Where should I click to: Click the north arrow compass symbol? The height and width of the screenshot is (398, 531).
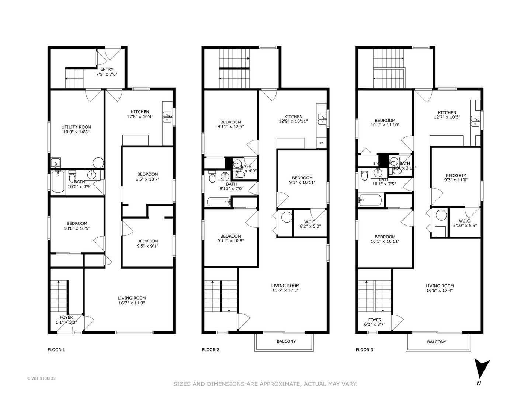coord(482,369)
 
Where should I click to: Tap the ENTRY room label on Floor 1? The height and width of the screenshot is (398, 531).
coord(107,69)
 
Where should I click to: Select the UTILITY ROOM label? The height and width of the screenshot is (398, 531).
coord(76,127)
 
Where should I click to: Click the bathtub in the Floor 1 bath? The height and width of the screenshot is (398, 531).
coord(58,183)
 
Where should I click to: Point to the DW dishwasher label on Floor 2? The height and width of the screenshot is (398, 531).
coord(321,143)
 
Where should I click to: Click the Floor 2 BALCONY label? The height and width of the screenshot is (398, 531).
coord(286,341)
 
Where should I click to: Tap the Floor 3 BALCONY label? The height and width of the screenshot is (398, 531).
coord(437,342)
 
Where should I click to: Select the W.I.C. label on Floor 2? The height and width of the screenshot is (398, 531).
coord(310,222)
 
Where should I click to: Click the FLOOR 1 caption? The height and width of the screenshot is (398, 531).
coord(56,350)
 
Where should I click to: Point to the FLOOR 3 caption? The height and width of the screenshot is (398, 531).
coord(364,350)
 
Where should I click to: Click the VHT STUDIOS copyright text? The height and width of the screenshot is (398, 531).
coord(41,378)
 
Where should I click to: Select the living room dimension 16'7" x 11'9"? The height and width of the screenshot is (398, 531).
coord(132,303)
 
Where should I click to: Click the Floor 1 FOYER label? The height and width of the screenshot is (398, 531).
coord(66,317)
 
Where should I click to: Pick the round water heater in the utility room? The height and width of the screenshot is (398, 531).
coord(98,163)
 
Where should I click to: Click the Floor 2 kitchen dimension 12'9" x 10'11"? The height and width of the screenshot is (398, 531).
coord(293,121)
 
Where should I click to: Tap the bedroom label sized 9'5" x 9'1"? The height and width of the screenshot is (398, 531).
coord(147,246)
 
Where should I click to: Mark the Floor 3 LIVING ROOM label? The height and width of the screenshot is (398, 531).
coord(440,286)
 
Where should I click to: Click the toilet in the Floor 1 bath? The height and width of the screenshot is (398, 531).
coord(72,177)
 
